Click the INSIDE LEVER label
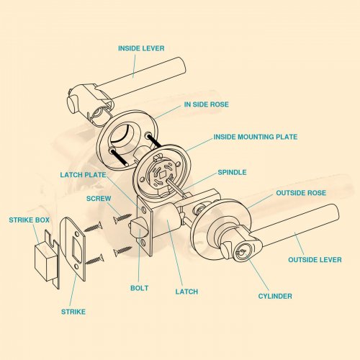coord(141,48)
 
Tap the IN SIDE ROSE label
coord(207,104)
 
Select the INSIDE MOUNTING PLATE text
coord(256,137)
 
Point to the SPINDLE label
coord(232,172)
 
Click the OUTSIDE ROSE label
coord(301,193)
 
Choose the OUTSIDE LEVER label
coord(315,260)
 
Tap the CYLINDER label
coord(275,296)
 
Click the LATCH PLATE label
coord(83,175)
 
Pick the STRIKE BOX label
coord(29,220)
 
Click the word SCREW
coord(99,199)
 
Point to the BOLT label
coord(139,288)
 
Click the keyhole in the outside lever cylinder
coord(240,253)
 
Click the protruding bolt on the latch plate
coord(136,228)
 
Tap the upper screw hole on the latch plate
coord(144,210)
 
